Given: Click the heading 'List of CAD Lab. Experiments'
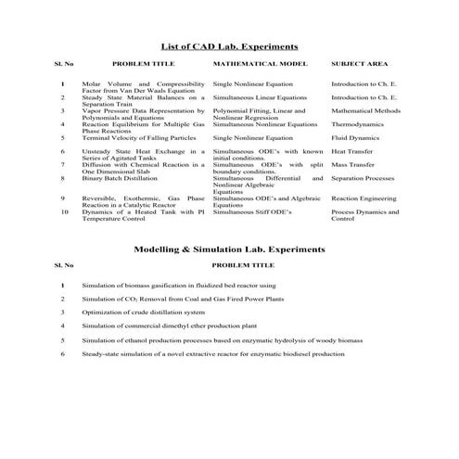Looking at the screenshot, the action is [x=229, y=45].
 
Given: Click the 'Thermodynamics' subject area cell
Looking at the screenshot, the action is [x=357, y=123].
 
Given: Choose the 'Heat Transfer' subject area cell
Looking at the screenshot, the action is [x=353, y=150].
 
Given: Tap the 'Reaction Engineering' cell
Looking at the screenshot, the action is [x=363, y=198].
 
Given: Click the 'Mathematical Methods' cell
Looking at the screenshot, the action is [x=364, y=109].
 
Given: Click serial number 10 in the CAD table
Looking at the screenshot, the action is [x=64, y=211].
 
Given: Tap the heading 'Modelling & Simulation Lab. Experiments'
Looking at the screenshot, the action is [x=229, y=249].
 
